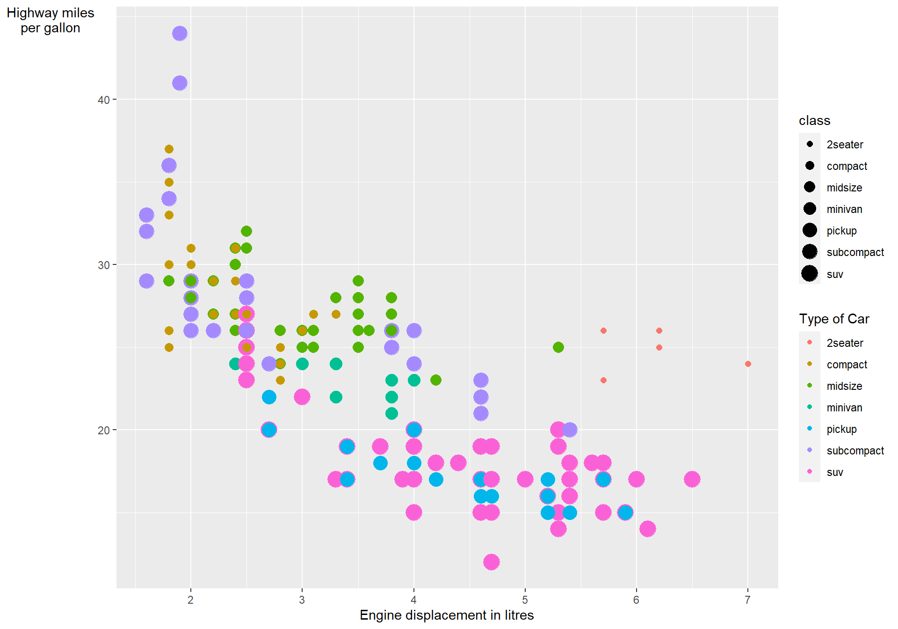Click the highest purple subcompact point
tap(180, 34)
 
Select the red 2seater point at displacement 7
tap(748, 364)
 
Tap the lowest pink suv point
tap(492, 562)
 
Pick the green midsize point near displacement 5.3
tap(558, 347)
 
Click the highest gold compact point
tap(169, 149)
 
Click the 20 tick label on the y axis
tap(103, 430)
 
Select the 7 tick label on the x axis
tap(747, 600)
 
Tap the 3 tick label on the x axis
tap(302, 600)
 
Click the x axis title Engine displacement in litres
tap(447, 615)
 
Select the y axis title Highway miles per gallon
tap(51, 21)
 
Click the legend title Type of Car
tap(834, 319)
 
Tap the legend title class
tap(814, 121)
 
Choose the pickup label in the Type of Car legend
tap(841, 429)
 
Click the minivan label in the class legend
tap(844, 209)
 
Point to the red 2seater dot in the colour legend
tap(810, 343)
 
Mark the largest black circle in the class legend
tap(810, 274)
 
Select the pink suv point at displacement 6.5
tap(692, 479)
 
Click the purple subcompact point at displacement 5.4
tap(569, 430)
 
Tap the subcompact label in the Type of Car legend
tap(855, 451)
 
